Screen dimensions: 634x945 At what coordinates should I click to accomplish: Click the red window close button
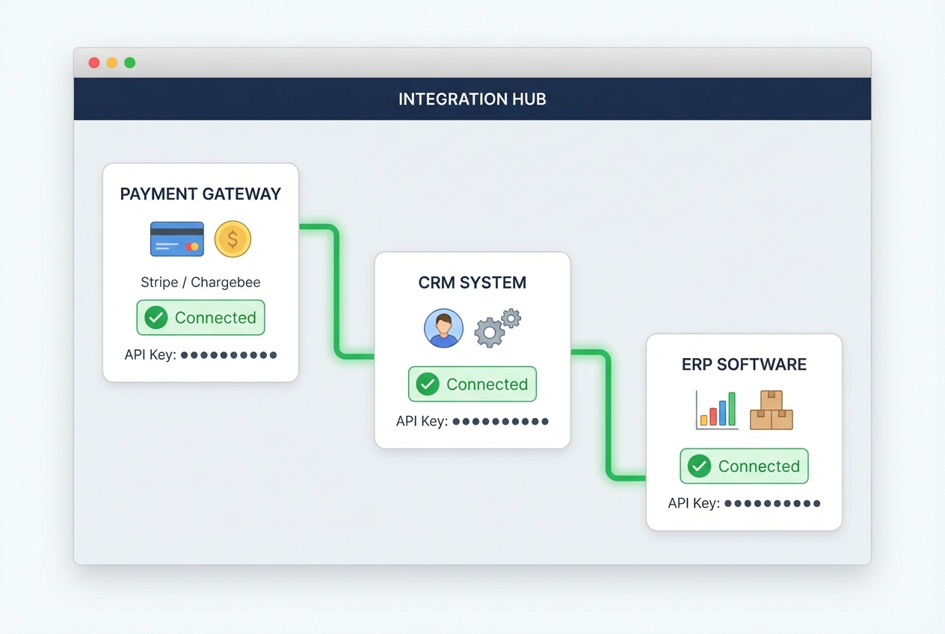[94, 63]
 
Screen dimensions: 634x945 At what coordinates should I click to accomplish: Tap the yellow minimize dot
[112, 63]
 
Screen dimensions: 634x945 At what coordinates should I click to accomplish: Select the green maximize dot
[130, 63]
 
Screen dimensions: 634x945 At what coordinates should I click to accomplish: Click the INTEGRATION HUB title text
[472, 99]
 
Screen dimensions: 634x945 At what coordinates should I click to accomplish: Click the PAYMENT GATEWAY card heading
[200, 194]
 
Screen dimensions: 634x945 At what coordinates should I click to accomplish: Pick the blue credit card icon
[176, 239]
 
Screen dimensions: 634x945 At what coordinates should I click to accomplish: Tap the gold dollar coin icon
[233, 239]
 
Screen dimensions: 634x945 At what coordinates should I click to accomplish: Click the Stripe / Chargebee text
[200, 283]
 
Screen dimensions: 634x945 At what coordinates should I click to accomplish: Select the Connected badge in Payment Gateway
[200, 318]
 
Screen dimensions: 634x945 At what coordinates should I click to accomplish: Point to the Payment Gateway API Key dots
[229, 355]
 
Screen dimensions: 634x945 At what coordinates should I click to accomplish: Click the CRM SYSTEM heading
[472, 283]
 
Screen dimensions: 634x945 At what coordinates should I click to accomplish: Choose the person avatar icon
[443, 329]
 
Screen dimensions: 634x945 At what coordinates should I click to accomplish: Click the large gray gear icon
[490, 332]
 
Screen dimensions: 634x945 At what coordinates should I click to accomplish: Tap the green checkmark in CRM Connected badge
[428, 384]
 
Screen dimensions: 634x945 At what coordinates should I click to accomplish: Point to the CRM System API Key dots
[500, 422]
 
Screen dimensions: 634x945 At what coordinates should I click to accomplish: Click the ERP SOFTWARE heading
[744, 365]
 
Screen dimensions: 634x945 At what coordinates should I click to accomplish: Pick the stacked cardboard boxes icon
[771, 410]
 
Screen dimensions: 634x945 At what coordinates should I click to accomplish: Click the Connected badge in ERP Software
[744, 467]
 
